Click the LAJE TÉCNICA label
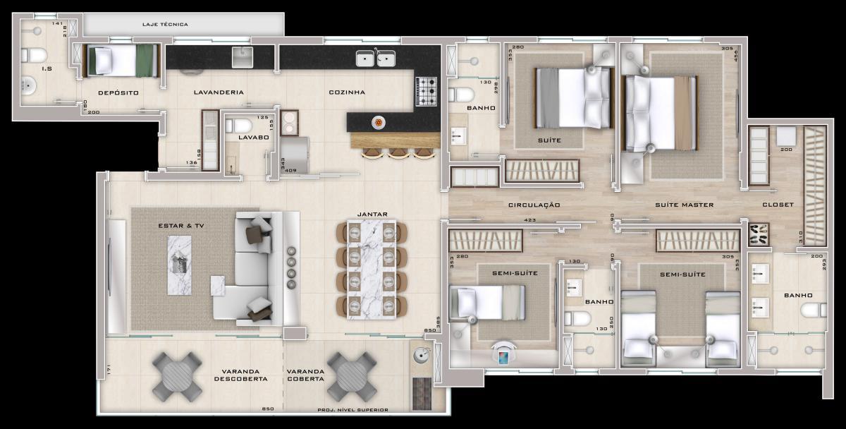pos(165,25)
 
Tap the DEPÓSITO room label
pos(118,93)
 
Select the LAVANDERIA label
pos(219,92)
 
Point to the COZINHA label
pos(347,92)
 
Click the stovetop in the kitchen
pos(426,91)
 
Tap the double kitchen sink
pos(375,59)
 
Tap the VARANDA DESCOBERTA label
pos(241,375)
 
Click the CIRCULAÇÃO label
pos(534,205)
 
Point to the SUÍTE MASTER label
pos(684,205)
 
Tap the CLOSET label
pos(778,205)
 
